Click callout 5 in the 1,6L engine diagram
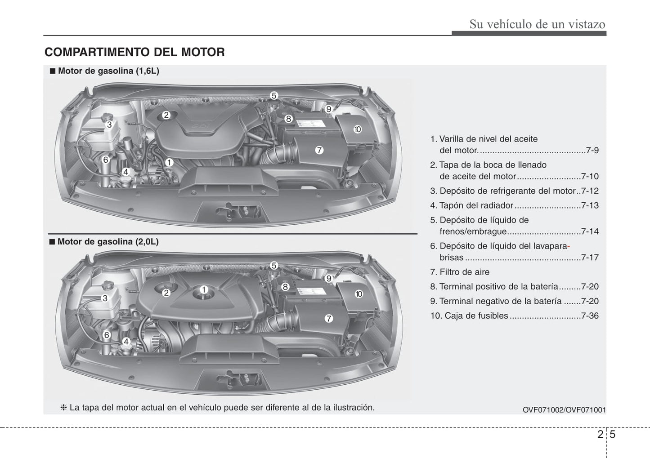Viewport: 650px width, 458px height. (273, 95)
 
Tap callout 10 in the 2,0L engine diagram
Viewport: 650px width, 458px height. (359, 294)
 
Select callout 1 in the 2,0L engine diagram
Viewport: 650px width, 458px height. (204, 289)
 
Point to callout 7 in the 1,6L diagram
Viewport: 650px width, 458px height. (319, 150)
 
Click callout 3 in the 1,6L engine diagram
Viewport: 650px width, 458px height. (109, 125)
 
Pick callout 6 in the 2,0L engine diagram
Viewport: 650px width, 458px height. (107, 335)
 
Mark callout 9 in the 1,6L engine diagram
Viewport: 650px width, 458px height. (328, 109)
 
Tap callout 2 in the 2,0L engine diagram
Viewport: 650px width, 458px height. (166, 293)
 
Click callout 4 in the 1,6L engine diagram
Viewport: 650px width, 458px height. (126, 172)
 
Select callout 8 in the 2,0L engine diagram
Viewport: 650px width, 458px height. (285, 287)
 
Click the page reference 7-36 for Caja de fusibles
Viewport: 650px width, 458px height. (590, 316)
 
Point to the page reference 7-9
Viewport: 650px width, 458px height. (592, 150)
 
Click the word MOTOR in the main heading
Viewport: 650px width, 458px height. (203, 52)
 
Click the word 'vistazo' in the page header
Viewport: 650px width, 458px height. (587, 24)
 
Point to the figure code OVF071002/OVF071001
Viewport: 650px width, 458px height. (564, 409)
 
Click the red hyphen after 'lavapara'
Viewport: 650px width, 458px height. (569, 246)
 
